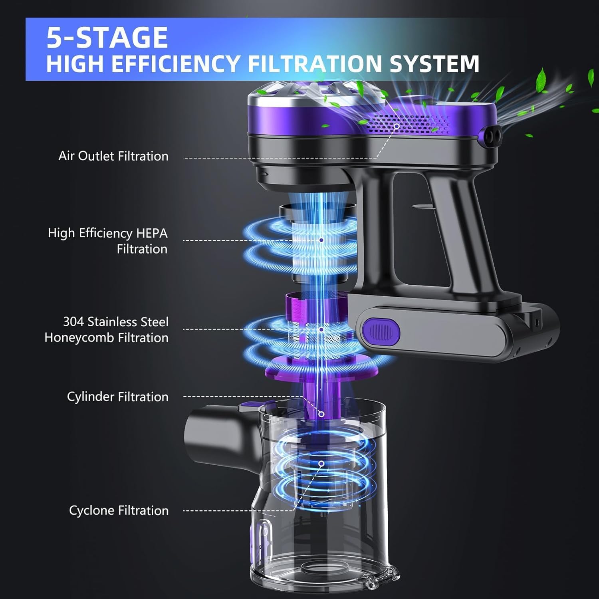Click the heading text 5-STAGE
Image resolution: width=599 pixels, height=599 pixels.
coord(107,38)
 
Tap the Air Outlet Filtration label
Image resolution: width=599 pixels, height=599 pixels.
coord(113,156)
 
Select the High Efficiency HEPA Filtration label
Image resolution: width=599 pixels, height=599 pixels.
coord(108,241)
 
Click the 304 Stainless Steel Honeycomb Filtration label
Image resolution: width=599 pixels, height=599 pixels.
coord(107,329)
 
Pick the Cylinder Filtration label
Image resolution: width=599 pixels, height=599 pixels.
coord(117,397)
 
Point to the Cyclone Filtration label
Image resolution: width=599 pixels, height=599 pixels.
coord(119,510)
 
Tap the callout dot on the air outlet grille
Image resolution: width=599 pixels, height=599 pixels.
coord(397,126)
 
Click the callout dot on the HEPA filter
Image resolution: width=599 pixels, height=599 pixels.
coord(321,240)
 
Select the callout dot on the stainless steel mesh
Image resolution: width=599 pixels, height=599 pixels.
coord(321,329)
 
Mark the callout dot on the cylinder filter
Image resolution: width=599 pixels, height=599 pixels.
coord(321,415)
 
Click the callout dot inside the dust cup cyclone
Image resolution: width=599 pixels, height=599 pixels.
coord(321,464)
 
